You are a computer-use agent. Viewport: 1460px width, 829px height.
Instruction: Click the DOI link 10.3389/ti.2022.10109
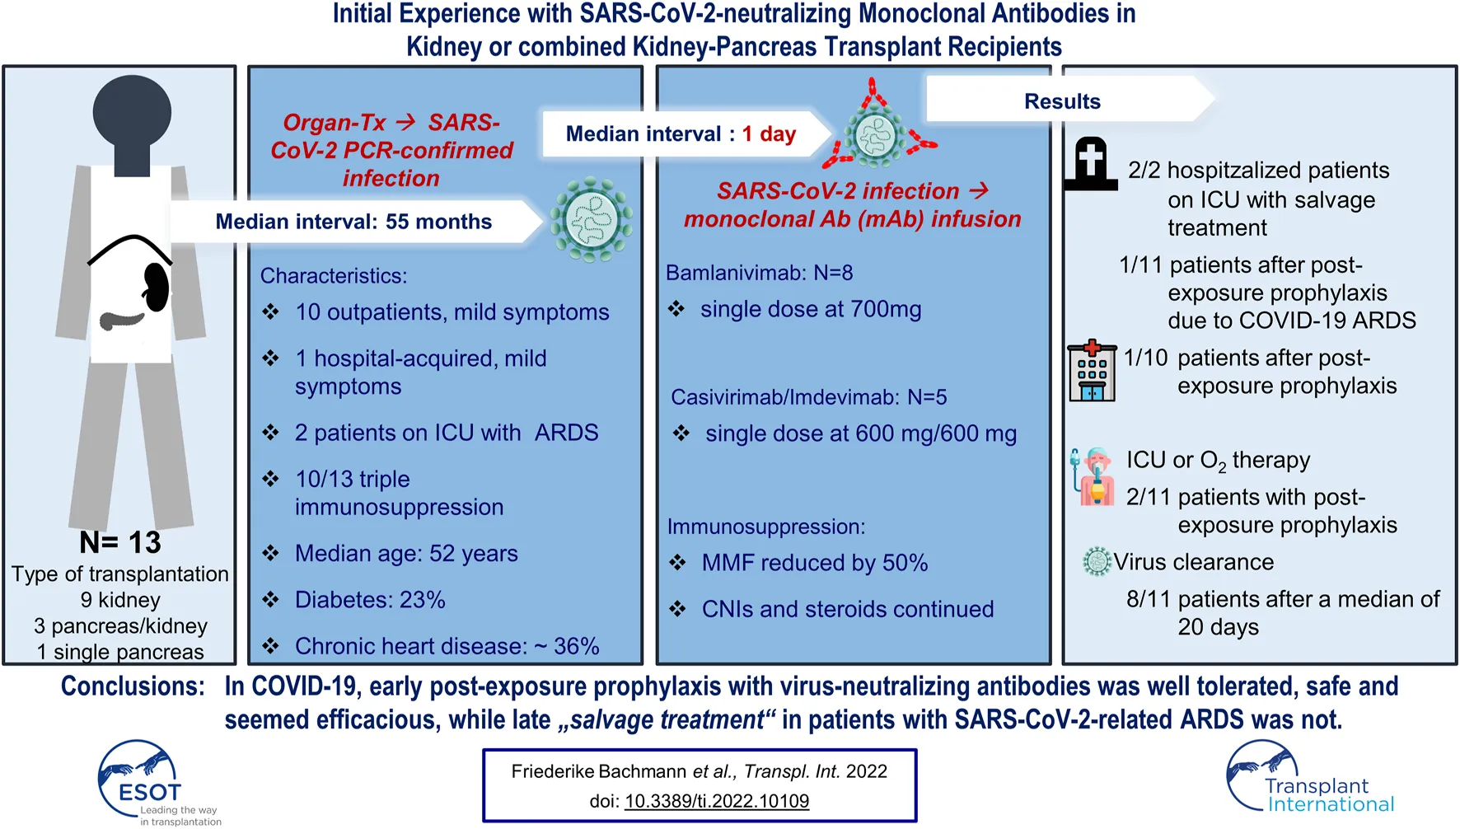717,801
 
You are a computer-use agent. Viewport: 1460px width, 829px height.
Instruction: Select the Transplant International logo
1310,779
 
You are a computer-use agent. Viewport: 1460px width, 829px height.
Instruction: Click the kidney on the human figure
157,288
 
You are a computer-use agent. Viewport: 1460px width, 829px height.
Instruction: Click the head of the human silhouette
132,114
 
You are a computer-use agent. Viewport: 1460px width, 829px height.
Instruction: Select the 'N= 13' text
120,542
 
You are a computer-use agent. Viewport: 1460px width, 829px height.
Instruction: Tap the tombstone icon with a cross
1090,164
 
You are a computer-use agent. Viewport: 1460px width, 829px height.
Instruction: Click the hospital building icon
1092,372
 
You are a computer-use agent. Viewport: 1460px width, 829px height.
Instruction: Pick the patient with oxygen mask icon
1093,475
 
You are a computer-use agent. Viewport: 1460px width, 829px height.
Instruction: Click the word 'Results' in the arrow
1062,101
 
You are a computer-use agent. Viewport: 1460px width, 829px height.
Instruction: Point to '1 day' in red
769,133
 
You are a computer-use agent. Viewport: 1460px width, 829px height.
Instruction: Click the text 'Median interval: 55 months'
353,222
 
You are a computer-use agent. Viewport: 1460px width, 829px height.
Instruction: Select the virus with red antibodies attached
876,132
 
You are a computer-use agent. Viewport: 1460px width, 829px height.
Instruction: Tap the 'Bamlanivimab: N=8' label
759,273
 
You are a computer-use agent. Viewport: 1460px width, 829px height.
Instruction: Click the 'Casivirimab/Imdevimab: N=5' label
808,397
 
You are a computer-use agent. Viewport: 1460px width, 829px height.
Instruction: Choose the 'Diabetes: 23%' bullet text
370,600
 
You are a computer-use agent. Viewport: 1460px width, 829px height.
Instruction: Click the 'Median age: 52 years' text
406,554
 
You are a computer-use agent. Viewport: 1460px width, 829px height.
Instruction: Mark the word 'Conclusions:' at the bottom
133,686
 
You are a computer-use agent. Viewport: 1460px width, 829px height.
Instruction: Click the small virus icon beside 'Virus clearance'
1097,561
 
